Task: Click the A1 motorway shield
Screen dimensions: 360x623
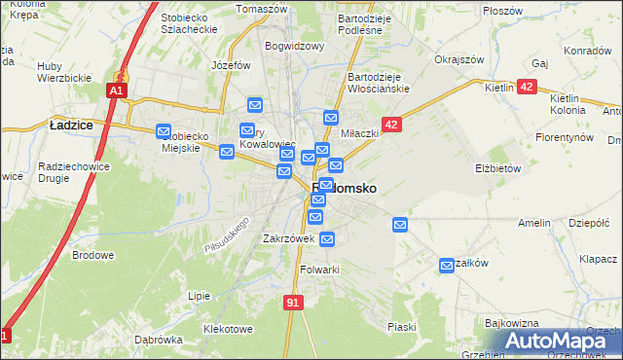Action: click(115, 90)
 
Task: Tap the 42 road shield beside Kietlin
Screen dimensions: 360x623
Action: click(527, 87)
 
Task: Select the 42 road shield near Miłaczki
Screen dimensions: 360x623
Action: click(391, 125)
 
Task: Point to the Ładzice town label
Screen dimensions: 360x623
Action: click(70, 124)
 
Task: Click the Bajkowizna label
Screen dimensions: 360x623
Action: click(512, 321)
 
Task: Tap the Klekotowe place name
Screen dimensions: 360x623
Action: click(228, 329)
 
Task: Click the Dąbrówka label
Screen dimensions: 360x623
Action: click(160, 340)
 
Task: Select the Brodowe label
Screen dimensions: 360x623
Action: click(93, 255)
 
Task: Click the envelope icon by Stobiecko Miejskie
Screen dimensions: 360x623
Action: click(164, 131)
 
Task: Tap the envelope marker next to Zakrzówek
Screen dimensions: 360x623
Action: click(327, 237)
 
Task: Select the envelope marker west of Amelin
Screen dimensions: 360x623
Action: click(399, 225)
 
